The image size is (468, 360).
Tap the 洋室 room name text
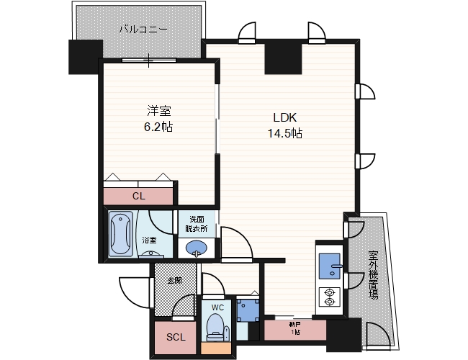[x=159, y=112]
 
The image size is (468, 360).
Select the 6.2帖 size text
[x=159, y=127]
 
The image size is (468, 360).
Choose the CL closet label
[x=138, y=195]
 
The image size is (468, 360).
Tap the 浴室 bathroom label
[x=149, y=240]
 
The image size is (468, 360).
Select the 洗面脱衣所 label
[x=197, y=223]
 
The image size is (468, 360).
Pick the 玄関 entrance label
[x=174, y=280]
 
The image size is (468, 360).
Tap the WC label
[x=217, y=308]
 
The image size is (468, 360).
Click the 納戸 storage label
[x=294, y=329]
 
